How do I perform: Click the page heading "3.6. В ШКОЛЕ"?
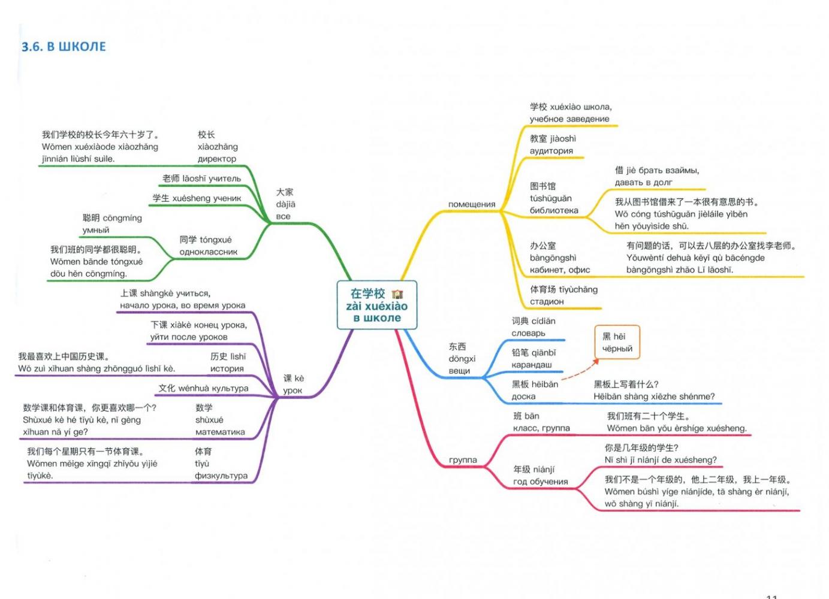coord(64,47)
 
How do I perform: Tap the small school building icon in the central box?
coord(397,294)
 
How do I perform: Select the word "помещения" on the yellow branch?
coord(472,204)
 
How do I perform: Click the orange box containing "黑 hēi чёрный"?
coord(617,342)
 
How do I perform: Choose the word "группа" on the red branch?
coord(463,460)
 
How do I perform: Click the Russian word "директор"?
coord(217,159)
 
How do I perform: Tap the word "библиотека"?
coord(554,210)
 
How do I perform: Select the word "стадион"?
coord(547,302)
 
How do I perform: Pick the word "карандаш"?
coord(532,365)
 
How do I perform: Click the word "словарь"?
coord(528,333)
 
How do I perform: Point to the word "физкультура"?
coord(221,476)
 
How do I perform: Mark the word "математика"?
coord(220,432)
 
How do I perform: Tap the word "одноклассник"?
coord(209,252)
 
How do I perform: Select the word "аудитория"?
coord(551,151)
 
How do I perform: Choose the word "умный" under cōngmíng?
coord(96,230)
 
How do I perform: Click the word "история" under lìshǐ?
coord(227,368)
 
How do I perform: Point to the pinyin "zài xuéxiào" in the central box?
coord(377,306)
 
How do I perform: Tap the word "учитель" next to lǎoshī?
coord(225,179)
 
